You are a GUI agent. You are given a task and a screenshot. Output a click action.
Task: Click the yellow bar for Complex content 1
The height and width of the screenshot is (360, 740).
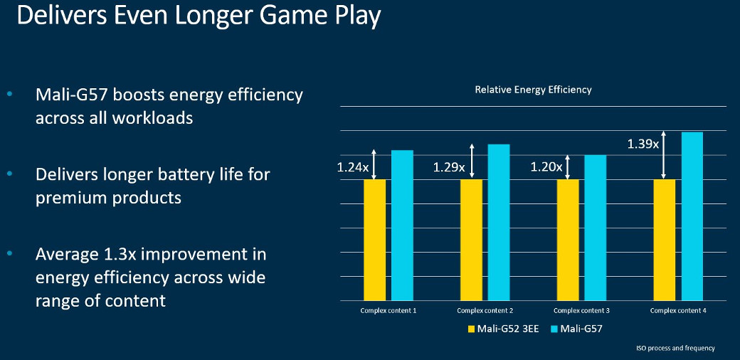pyautogui.click(x=374, y=239)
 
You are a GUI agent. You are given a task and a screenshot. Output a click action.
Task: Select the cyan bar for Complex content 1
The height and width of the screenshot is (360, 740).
pyautogui.click(x=402, y=225)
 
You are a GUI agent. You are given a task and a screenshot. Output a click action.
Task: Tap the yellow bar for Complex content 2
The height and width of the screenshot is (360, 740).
pyautogui.click(x=471, y=239)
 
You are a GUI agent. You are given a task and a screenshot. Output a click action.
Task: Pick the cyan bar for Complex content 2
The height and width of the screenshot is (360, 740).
pyautogui.click(x=499, y=222)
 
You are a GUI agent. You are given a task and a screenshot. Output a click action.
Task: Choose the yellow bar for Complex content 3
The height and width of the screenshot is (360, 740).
pyautogui.click(x=567, y=239)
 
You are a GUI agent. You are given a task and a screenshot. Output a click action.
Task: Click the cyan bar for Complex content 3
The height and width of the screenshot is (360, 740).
pyautogui.click(x=595, y=227)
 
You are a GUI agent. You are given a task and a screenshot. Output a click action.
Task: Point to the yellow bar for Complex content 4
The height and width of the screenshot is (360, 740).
pyautogui.click(x=664, y=239)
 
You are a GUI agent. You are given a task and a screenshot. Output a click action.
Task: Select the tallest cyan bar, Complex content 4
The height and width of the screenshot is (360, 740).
pyautogui.click(x=692, y=216)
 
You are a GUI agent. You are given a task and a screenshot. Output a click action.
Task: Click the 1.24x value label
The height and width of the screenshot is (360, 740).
pyautogui.click(x=352, y=168)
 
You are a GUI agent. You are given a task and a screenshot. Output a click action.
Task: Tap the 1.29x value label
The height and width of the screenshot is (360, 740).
pyautogui.click(x=449, y=168)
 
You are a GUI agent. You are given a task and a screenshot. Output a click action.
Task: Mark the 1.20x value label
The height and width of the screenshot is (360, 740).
pyautogui.click(x=546, y=168)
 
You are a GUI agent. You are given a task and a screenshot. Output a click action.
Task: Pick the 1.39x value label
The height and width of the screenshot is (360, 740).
pyautogui.click(x=643, y=144)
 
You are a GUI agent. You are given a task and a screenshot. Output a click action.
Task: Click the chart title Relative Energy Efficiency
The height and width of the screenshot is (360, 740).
pyautogui.click(x=533, y=90)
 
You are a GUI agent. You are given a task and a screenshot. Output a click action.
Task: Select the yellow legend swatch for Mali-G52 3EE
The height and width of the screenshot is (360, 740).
pyautogui.click(x=471, y=329)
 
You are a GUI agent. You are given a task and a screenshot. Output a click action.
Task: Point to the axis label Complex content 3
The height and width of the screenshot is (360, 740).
pyautogui.click(x=581, y=310)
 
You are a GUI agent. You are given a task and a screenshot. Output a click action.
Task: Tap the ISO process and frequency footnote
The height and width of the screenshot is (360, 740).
pyautogui.click(x=675, y=348)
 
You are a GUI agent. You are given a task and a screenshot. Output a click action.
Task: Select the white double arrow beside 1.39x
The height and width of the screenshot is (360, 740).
pyautogui.click(x=664, y=155)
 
